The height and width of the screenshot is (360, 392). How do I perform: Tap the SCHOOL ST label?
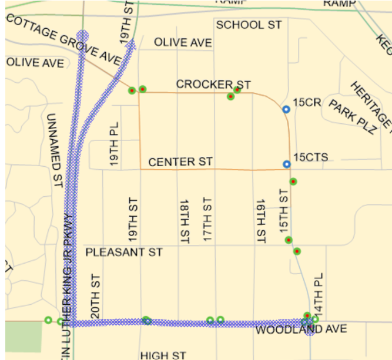pyautogui.click(x=249, y=25)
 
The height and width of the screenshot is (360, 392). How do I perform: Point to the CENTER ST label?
pyautogui.click(x=180, y=162)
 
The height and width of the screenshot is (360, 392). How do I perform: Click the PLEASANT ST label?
pyautogui.click(x=124, y=253)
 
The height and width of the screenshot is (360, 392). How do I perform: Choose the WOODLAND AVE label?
pyautogui.click(x=288, y=329)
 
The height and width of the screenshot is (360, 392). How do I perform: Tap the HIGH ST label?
pyautogui.click(x=163, y=355)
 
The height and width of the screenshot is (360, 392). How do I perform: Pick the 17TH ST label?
pyautogui.click(x=206, y=220)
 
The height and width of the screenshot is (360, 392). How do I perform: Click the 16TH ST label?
pyautogui.click(x=261, y=220)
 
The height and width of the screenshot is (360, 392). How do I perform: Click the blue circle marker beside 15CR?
pyautogui.click(x=286, y=109)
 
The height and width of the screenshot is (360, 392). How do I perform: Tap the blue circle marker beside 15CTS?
pyautogui.click(x=287, y=164)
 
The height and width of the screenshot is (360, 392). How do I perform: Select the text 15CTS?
pyautogui.click(x=311, y=157)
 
